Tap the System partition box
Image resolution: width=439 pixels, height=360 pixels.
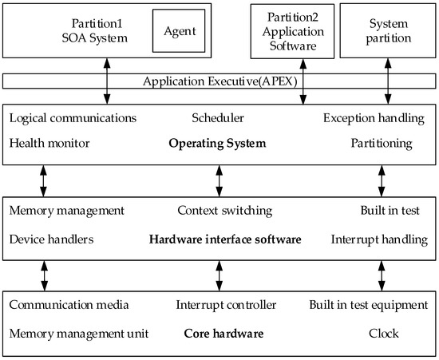(388, 30)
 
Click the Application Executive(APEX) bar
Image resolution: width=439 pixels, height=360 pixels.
(219, 81)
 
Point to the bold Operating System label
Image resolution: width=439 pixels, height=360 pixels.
(217, 144)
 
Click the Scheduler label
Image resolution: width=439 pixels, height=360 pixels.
(217, 118)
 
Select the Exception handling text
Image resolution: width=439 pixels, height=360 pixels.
(374, 118)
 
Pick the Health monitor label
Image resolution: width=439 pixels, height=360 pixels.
(49, 144)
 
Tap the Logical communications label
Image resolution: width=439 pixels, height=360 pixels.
(73, 118)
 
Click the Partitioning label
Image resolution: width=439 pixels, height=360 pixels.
(382, 144)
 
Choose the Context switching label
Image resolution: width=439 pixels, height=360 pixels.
(224, 211)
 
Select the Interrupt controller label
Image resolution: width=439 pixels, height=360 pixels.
(226, 304)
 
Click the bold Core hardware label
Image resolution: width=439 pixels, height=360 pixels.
(223, 330)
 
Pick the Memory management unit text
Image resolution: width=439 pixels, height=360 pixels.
(74, 330)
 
